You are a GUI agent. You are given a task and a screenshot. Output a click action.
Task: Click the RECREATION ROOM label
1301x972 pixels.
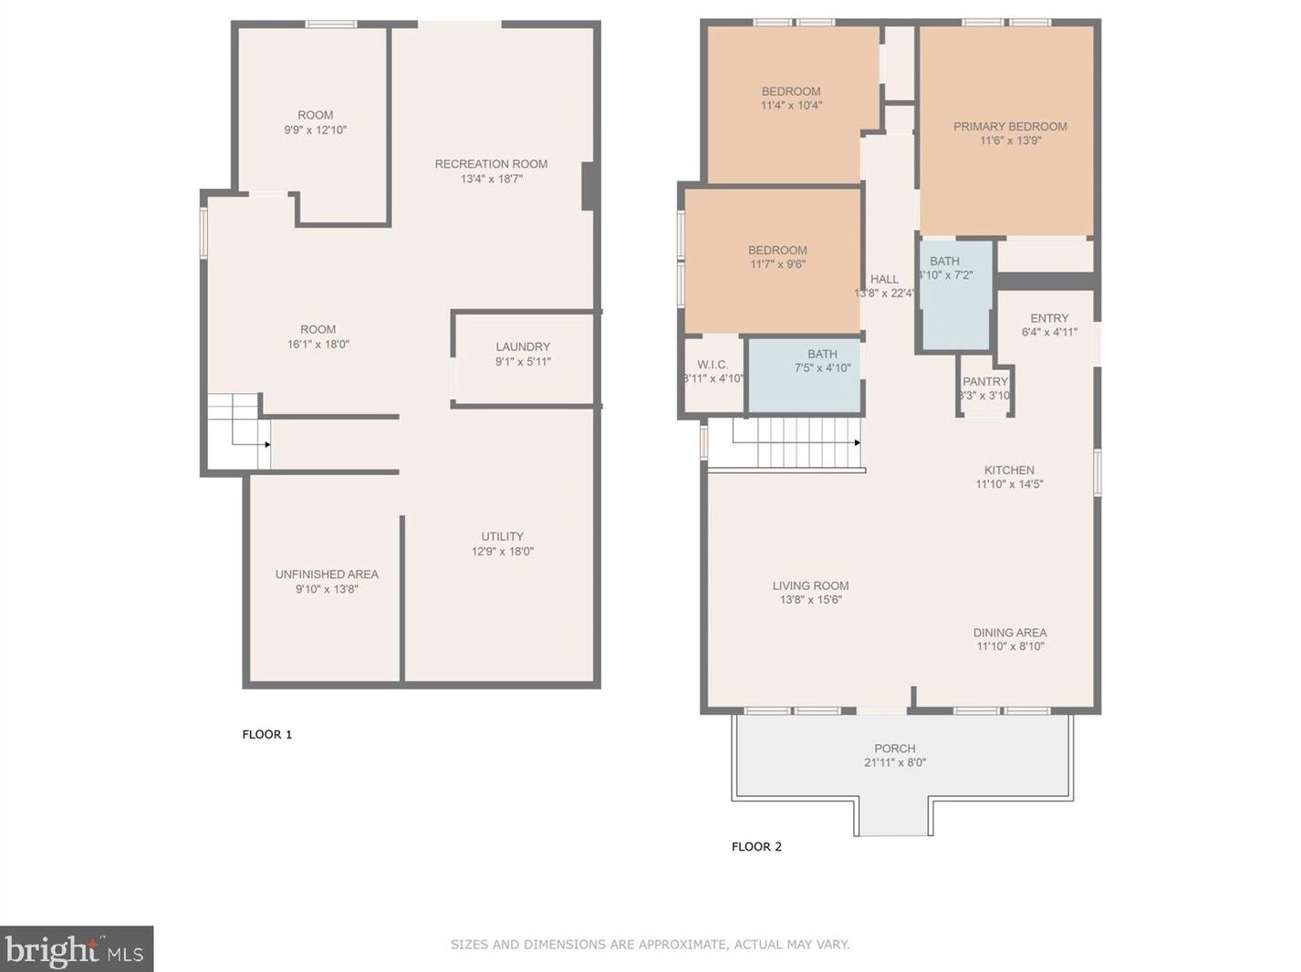coord(491,164)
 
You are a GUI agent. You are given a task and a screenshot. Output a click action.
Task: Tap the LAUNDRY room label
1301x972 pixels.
coord(523,346)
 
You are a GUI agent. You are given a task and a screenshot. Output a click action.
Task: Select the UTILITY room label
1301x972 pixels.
coord(502,537)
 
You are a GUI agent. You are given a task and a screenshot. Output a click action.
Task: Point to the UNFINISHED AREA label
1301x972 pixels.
coord(327,574)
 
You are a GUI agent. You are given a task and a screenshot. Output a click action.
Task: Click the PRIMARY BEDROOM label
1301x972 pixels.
coord(1010,127)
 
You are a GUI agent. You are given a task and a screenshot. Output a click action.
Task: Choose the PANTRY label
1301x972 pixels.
coord(985,381)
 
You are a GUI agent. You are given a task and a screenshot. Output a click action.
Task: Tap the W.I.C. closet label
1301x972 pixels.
coord(713,365)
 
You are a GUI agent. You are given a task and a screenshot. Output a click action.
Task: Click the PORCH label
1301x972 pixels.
coord(895,749)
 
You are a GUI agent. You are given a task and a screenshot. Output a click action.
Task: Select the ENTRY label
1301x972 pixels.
coord(1049,318)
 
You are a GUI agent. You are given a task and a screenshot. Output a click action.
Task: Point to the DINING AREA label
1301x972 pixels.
coord(1010,633)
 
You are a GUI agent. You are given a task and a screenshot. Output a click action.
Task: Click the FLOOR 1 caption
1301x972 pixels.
coord(266,735)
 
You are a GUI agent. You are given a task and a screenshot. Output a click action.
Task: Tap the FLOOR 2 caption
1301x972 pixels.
coord(756,846)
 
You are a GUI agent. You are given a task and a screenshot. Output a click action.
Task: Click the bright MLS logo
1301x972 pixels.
coord(77,949)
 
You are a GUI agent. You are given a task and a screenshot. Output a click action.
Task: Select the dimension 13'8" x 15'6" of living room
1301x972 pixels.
coord(811,599)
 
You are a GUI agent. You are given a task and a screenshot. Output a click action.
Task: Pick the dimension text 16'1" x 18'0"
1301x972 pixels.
coord(318,344)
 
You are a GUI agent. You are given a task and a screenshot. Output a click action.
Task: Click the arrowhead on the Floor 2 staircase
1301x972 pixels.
coord(858,442)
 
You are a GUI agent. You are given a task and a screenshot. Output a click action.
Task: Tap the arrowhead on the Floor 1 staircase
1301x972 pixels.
coord(268,444)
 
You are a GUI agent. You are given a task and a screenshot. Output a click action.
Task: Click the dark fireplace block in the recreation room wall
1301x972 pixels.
coord(588,186)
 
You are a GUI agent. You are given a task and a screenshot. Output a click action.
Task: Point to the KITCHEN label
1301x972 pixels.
coord(1009,470)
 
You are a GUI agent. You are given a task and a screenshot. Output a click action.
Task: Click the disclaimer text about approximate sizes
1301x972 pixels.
coord(650,944)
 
